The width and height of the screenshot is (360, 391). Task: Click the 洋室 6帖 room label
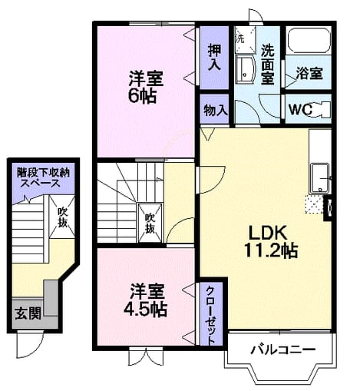146,87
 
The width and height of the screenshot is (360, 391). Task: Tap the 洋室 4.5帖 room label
146,300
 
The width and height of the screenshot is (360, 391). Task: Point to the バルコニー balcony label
282,349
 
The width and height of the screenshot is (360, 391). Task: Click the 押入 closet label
214,58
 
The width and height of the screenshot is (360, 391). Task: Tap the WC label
301,110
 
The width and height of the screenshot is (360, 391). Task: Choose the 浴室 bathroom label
309,73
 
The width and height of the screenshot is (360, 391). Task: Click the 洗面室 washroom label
268,65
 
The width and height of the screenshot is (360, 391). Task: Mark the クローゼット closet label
210,316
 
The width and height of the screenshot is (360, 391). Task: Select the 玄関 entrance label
28,313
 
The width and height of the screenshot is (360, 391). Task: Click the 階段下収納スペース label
43,178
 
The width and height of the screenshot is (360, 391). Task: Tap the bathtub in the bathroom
309,40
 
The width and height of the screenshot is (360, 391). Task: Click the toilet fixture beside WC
322,110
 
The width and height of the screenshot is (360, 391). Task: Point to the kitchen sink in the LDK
319,179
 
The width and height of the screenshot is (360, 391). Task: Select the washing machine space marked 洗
246,39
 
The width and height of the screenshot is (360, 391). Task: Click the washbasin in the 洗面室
244,70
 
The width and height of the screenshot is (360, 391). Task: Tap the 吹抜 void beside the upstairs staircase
150,223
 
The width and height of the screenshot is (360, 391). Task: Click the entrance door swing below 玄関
29,344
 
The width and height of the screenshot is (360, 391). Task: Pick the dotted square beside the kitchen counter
314,204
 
